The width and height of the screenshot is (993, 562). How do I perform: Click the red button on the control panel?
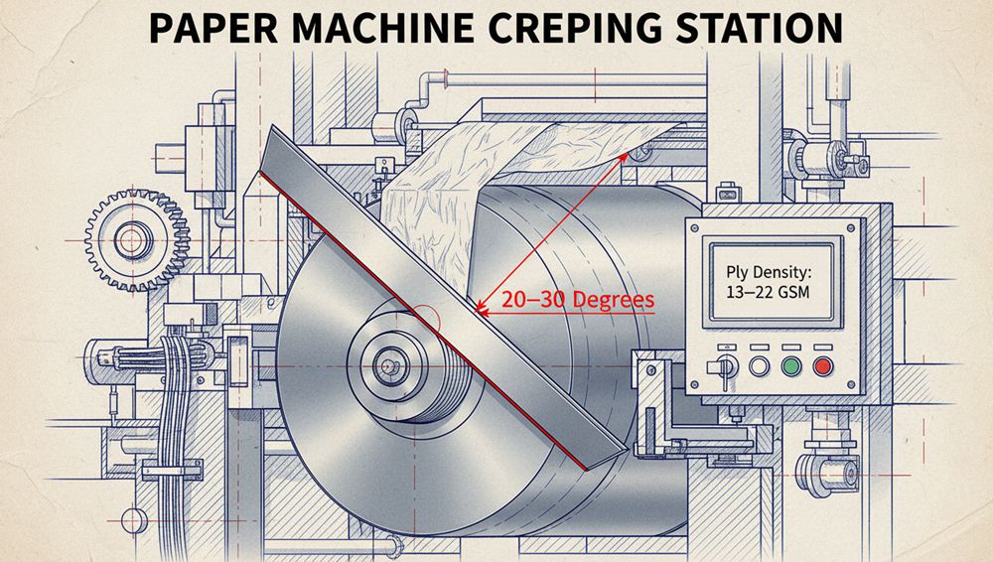tap(822, 365)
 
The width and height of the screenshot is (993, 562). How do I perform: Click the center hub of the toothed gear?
tap(130, 238)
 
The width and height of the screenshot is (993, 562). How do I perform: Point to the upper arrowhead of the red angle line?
tap(626, 154)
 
